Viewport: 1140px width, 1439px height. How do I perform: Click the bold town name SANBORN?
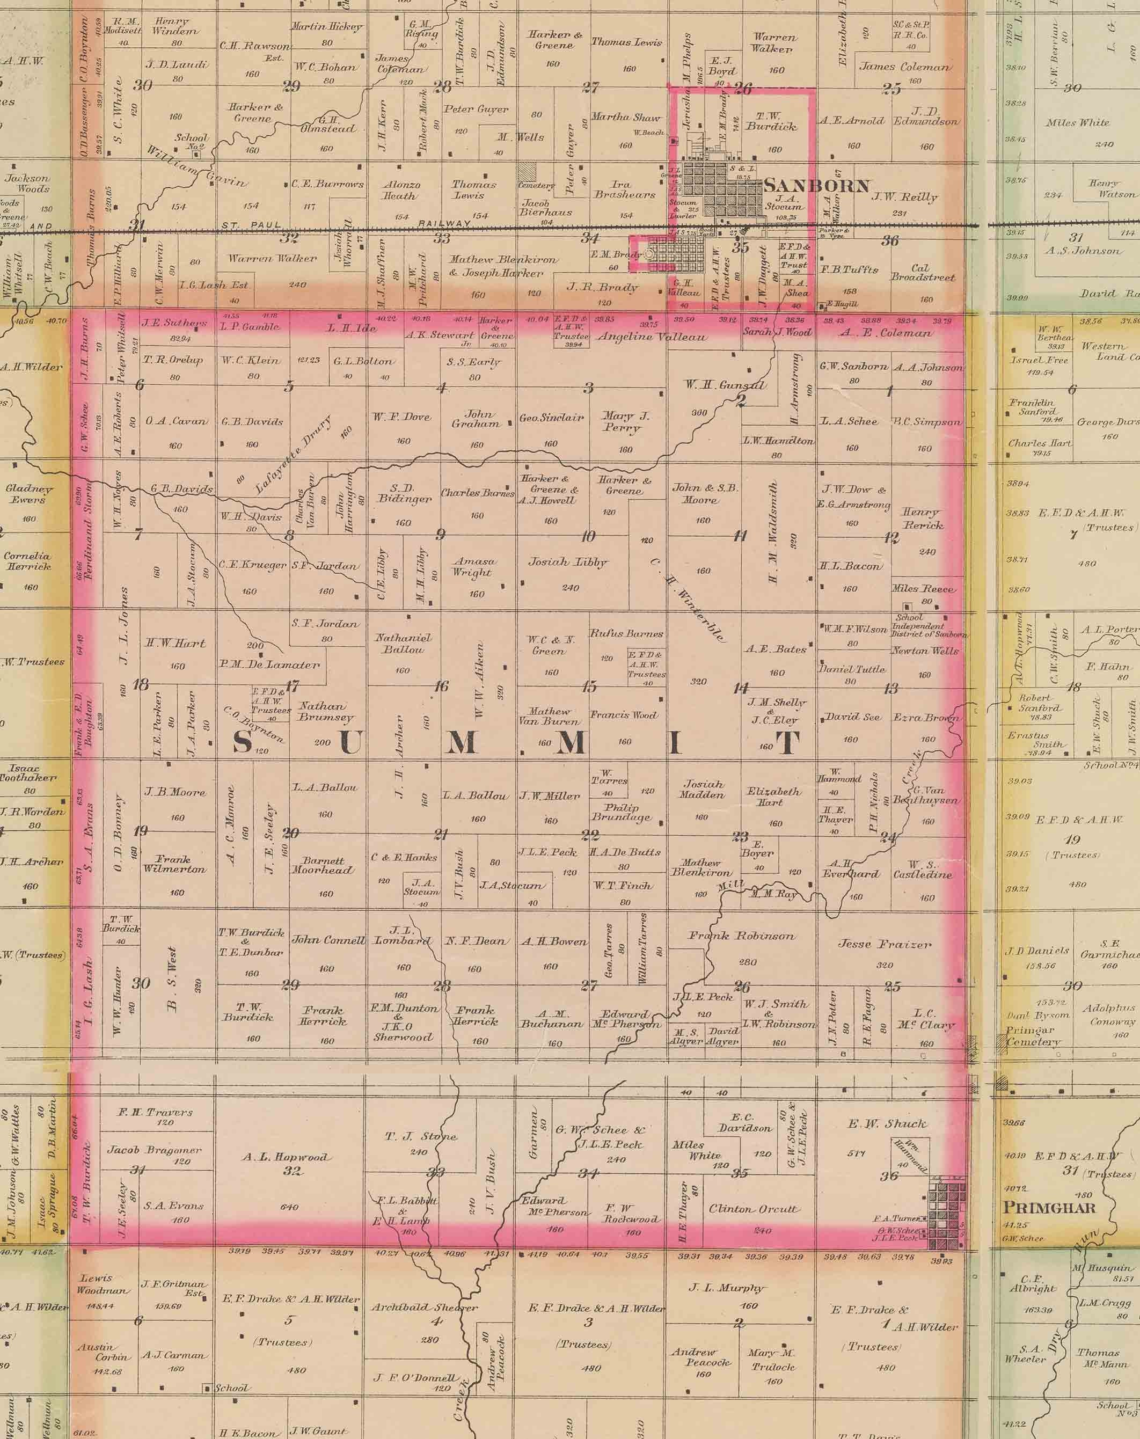pos(816,186)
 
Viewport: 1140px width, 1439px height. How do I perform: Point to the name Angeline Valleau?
pos(652,338)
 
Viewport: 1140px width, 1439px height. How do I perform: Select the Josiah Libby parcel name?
pos(568,562)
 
